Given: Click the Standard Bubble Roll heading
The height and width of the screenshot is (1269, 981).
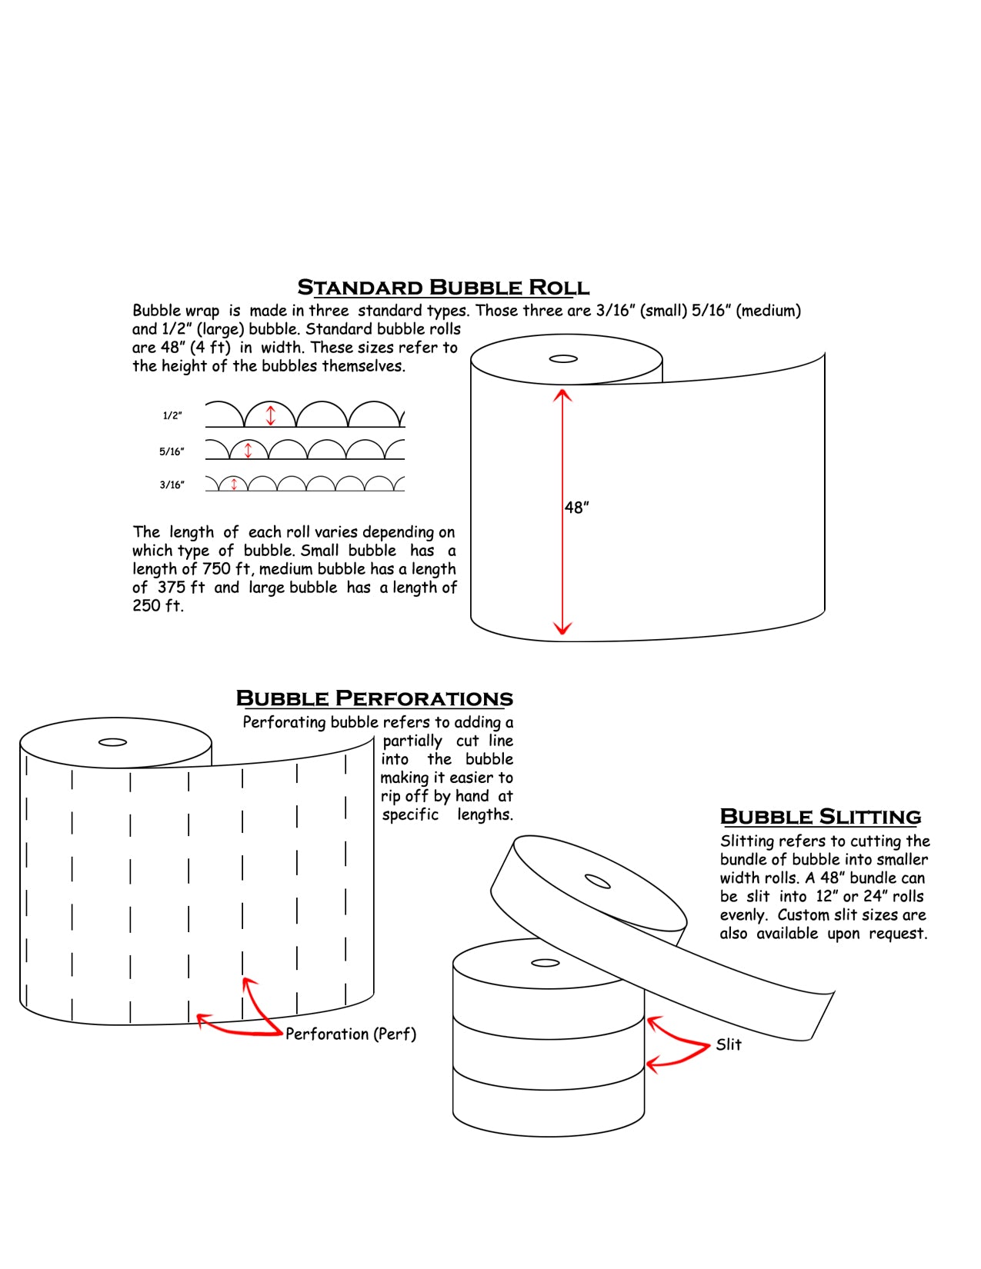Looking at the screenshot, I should pos(443,288).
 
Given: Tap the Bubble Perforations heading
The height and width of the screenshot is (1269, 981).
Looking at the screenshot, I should pos(374,698).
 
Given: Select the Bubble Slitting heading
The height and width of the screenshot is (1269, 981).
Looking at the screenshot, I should pos(820,817).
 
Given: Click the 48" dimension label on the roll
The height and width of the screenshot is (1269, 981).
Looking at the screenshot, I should pos(577,508).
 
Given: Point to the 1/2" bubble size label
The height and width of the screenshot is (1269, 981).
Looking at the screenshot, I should pos(172,416).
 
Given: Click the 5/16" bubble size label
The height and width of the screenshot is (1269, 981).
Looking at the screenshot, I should pos(172,451).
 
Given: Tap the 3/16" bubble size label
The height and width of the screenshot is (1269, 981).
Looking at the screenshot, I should pos(172,485).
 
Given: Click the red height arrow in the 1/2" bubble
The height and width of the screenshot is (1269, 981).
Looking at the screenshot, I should pos(270,415).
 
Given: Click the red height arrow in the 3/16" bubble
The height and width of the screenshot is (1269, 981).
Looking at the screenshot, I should pos(235,485).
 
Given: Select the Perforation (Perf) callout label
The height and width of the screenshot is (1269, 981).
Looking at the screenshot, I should pos(351,1034).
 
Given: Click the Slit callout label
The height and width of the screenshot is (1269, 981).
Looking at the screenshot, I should pos(729,1044).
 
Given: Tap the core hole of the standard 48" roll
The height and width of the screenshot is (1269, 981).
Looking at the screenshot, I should pos(563,359).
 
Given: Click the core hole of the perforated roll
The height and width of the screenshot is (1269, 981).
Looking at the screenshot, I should pos(113,742).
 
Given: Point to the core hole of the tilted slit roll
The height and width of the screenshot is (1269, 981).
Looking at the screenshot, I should pos(598,881).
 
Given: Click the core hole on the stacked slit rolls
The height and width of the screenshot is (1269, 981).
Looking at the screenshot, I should pos(546,963).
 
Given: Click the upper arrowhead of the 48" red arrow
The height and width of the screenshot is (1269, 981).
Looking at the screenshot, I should pos(562,395).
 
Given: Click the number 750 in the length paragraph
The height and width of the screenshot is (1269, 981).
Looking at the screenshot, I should pos(216,569).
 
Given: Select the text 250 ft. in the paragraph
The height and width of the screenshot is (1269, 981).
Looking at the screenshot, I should pos(158,606).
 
